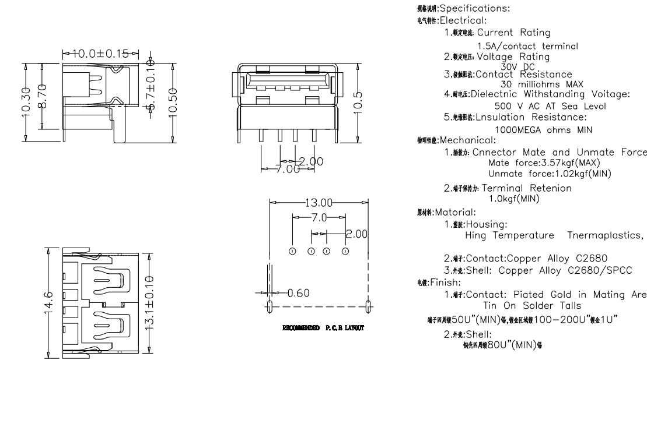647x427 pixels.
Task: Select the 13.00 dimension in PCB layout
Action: click(319, 203)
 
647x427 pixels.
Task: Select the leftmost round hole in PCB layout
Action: click(292, 251)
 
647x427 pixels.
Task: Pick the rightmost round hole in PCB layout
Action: click(345, 251)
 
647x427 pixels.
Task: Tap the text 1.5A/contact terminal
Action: click(527, 46)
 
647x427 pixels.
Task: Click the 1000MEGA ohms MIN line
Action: click(543, 130)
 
